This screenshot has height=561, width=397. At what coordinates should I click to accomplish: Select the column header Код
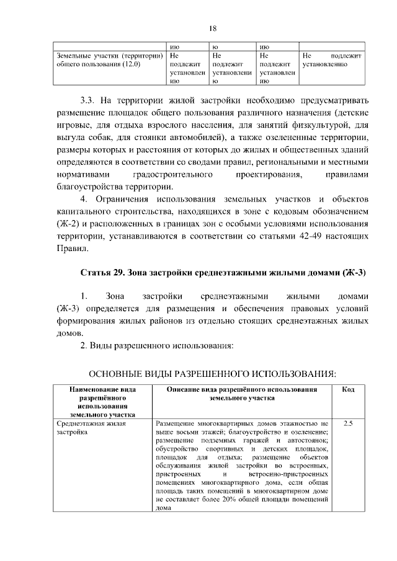348,389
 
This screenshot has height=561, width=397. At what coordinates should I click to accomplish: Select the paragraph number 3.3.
89,100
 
